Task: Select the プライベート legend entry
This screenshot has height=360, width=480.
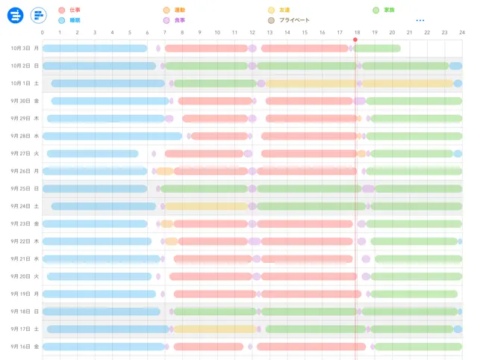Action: (294, 20)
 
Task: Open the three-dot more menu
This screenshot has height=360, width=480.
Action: (420, 20)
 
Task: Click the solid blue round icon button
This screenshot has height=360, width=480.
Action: (16, 15)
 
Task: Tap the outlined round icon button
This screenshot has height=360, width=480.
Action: (38, 15)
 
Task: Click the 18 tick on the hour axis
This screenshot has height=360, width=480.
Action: (357, 33)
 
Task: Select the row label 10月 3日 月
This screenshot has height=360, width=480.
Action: (25, 49)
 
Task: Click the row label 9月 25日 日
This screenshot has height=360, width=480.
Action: (25, 188)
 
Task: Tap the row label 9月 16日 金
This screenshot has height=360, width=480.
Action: (25, 347)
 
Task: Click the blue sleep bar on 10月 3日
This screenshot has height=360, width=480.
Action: (95, 49)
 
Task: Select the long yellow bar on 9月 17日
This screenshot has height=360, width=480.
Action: (215, 329)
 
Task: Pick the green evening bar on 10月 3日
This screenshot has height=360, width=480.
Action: (378, 49)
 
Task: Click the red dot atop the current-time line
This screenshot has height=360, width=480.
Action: (355, 40)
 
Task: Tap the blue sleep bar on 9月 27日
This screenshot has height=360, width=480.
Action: (93, 154)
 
